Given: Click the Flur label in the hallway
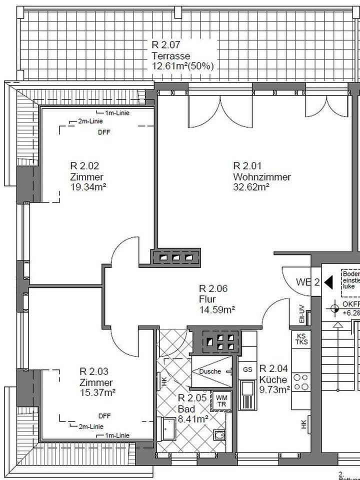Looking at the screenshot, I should click(207, 299).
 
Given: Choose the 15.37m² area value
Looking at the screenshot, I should click(97, 392).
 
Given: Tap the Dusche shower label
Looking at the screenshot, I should click(210, 371).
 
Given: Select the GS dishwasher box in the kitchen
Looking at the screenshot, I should click(247, 369).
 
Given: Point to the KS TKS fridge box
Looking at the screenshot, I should click(301, 339).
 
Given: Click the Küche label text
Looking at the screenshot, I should click(273, 379).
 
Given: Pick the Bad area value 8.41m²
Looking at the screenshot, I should click(193, 419).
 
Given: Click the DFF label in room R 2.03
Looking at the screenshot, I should click(104, 416).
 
